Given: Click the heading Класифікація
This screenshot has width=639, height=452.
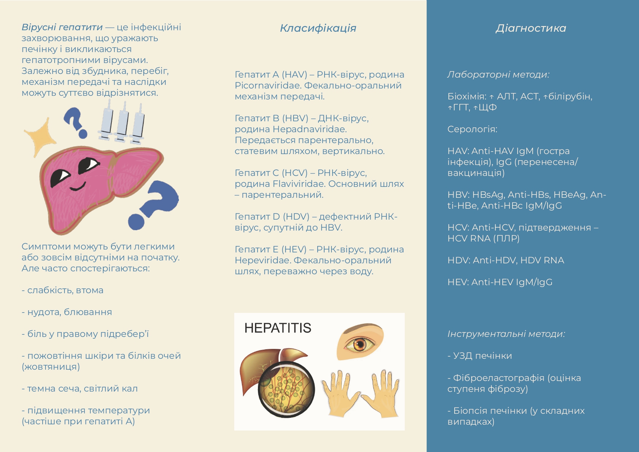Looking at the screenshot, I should (x=318, y=28).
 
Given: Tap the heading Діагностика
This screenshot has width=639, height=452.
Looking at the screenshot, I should (x=530, y=28).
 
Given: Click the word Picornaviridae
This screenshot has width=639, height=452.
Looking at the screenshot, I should (x=268, y=86).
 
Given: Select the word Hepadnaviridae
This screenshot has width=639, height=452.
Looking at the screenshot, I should (x=309, y=129).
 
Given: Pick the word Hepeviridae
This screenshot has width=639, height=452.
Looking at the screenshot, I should (x=263, y=260).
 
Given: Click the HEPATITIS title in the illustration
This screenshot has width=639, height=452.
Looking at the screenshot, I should (x=278, y=328).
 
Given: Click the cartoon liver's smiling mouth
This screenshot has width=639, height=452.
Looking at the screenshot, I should (x=78, y=187).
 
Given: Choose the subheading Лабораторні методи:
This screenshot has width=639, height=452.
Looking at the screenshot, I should (x=498, y=75).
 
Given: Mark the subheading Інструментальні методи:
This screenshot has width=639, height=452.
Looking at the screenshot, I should (x=506, y=334).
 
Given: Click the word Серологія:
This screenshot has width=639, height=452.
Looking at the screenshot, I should (x=472, y=129).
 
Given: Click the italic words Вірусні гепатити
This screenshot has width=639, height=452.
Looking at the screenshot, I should (x=62, y=27).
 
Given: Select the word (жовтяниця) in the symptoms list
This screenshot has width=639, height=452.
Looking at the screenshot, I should (x=51, y=367).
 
